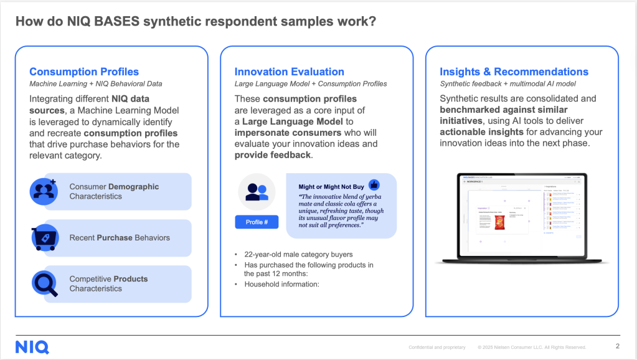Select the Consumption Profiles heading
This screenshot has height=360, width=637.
[x=84, y=72]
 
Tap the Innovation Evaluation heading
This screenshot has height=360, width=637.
[x=289, y=72]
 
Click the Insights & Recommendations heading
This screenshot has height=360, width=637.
[x=514, y=72]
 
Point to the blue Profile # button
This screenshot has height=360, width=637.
[x=256, y=222]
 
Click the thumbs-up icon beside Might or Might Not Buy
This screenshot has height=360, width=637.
[x=374, y=184]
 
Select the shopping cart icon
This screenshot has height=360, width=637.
[x=44, y=238]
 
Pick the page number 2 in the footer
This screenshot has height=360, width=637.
[x=617, y=346]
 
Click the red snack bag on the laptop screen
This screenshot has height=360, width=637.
[x=499, y=225]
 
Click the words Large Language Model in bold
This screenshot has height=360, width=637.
[x=293, y=121]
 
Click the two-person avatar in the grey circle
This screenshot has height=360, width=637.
[x=256, y=192]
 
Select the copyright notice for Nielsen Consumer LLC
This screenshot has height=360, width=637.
[x=532, y=347]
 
